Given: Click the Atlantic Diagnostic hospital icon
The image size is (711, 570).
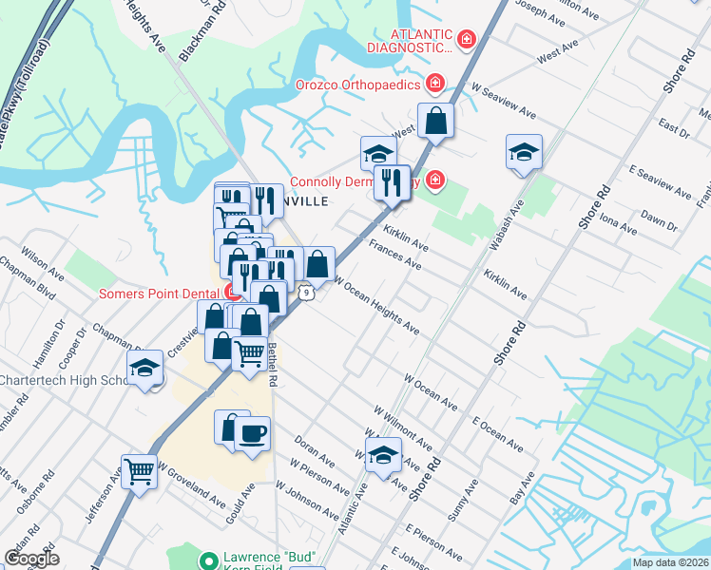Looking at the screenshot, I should click(x=466, y=39).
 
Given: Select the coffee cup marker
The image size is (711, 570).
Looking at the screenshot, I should click(x=252, y=434).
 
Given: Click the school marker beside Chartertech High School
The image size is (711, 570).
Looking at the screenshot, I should click(x=144, y=368).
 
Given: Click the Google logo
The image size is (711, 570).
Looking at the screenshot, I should click(x=31, y=559).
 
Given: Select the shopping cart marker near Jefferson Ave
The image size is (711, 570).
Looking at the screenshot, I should click(x=139, y=470).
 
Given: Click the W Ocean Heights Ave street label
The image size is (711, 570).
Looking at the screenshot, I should click(x=376, y=306).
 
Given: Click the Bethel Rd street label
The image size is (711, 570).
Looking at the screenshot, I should click(x=272, y=364).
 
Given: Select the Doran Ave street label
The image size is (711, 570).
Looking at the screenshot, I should click(x=315, y=454).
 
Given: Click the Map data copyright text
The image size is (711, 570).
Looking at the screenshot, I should click(x=670, y=562).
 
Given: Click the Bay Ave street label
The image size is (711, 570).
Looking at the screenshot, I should click(x=517, y=490).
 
